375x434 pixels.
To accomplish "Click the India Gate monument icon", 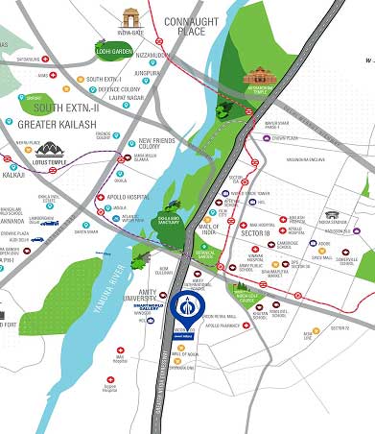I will (x=130, y=18).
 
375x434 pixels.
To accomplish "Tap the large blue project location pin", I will (x=186, y=310).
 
